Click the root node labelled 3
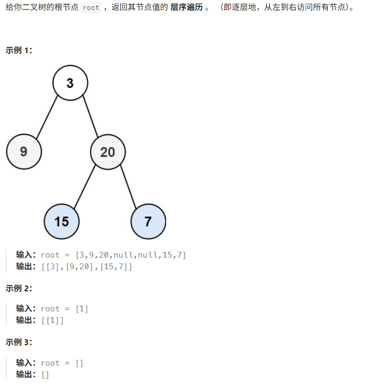70,83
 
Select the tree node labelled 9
24,152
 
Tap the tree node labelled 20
108,152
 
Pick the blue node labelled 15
62,221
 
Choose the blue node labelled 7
148,221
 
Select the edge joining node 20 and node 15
84,187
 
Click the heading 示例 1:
19,51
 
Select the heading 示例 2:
19,288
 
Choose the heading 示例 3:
19,342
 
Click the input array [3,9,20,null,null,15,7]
131,255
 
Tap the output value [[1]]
52,320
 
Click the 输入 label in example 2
26,309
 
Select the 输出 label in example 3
26,374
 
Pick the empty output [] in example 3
45,374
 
